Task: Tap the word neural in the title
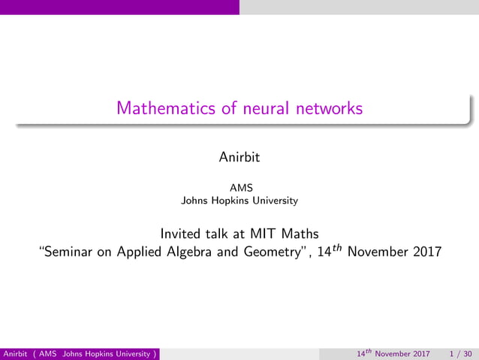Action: click(x=267, y=108)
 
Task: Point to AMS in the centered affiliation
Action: click(x=239, y=189)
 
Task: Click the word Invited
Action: click(x=182, y=233)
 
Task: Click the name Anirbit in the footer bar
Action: click(x=16, y=353)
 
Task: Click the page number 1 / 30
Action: click(x=460, y=353)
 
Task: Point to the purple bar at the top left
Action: click(x=119, y=7)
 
